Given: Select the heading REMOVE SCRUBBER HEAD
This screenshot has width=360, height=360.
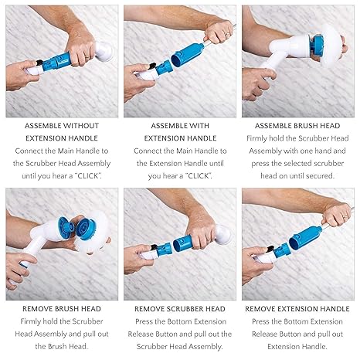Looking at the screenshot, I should tap(179, 307).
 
